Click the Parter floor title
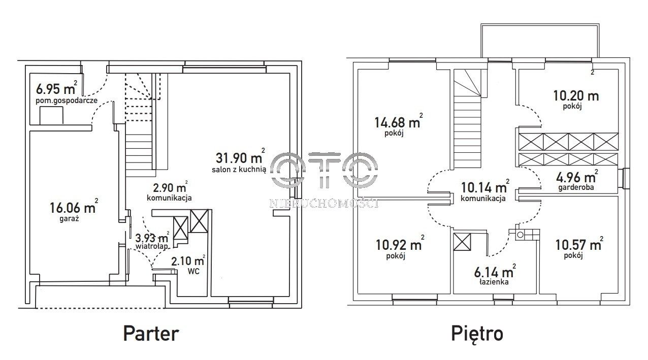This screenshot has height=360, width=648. click(x=151, y=334)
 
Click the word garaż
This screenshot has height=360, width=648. click(x=69, y=219)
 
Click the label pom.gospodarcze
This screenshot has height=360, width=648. click(x=67, y=101)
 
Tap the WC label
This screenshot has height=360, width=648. click(x=193, y=272)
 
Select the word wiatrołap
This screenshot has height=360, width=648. click(x=152, y=246)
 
